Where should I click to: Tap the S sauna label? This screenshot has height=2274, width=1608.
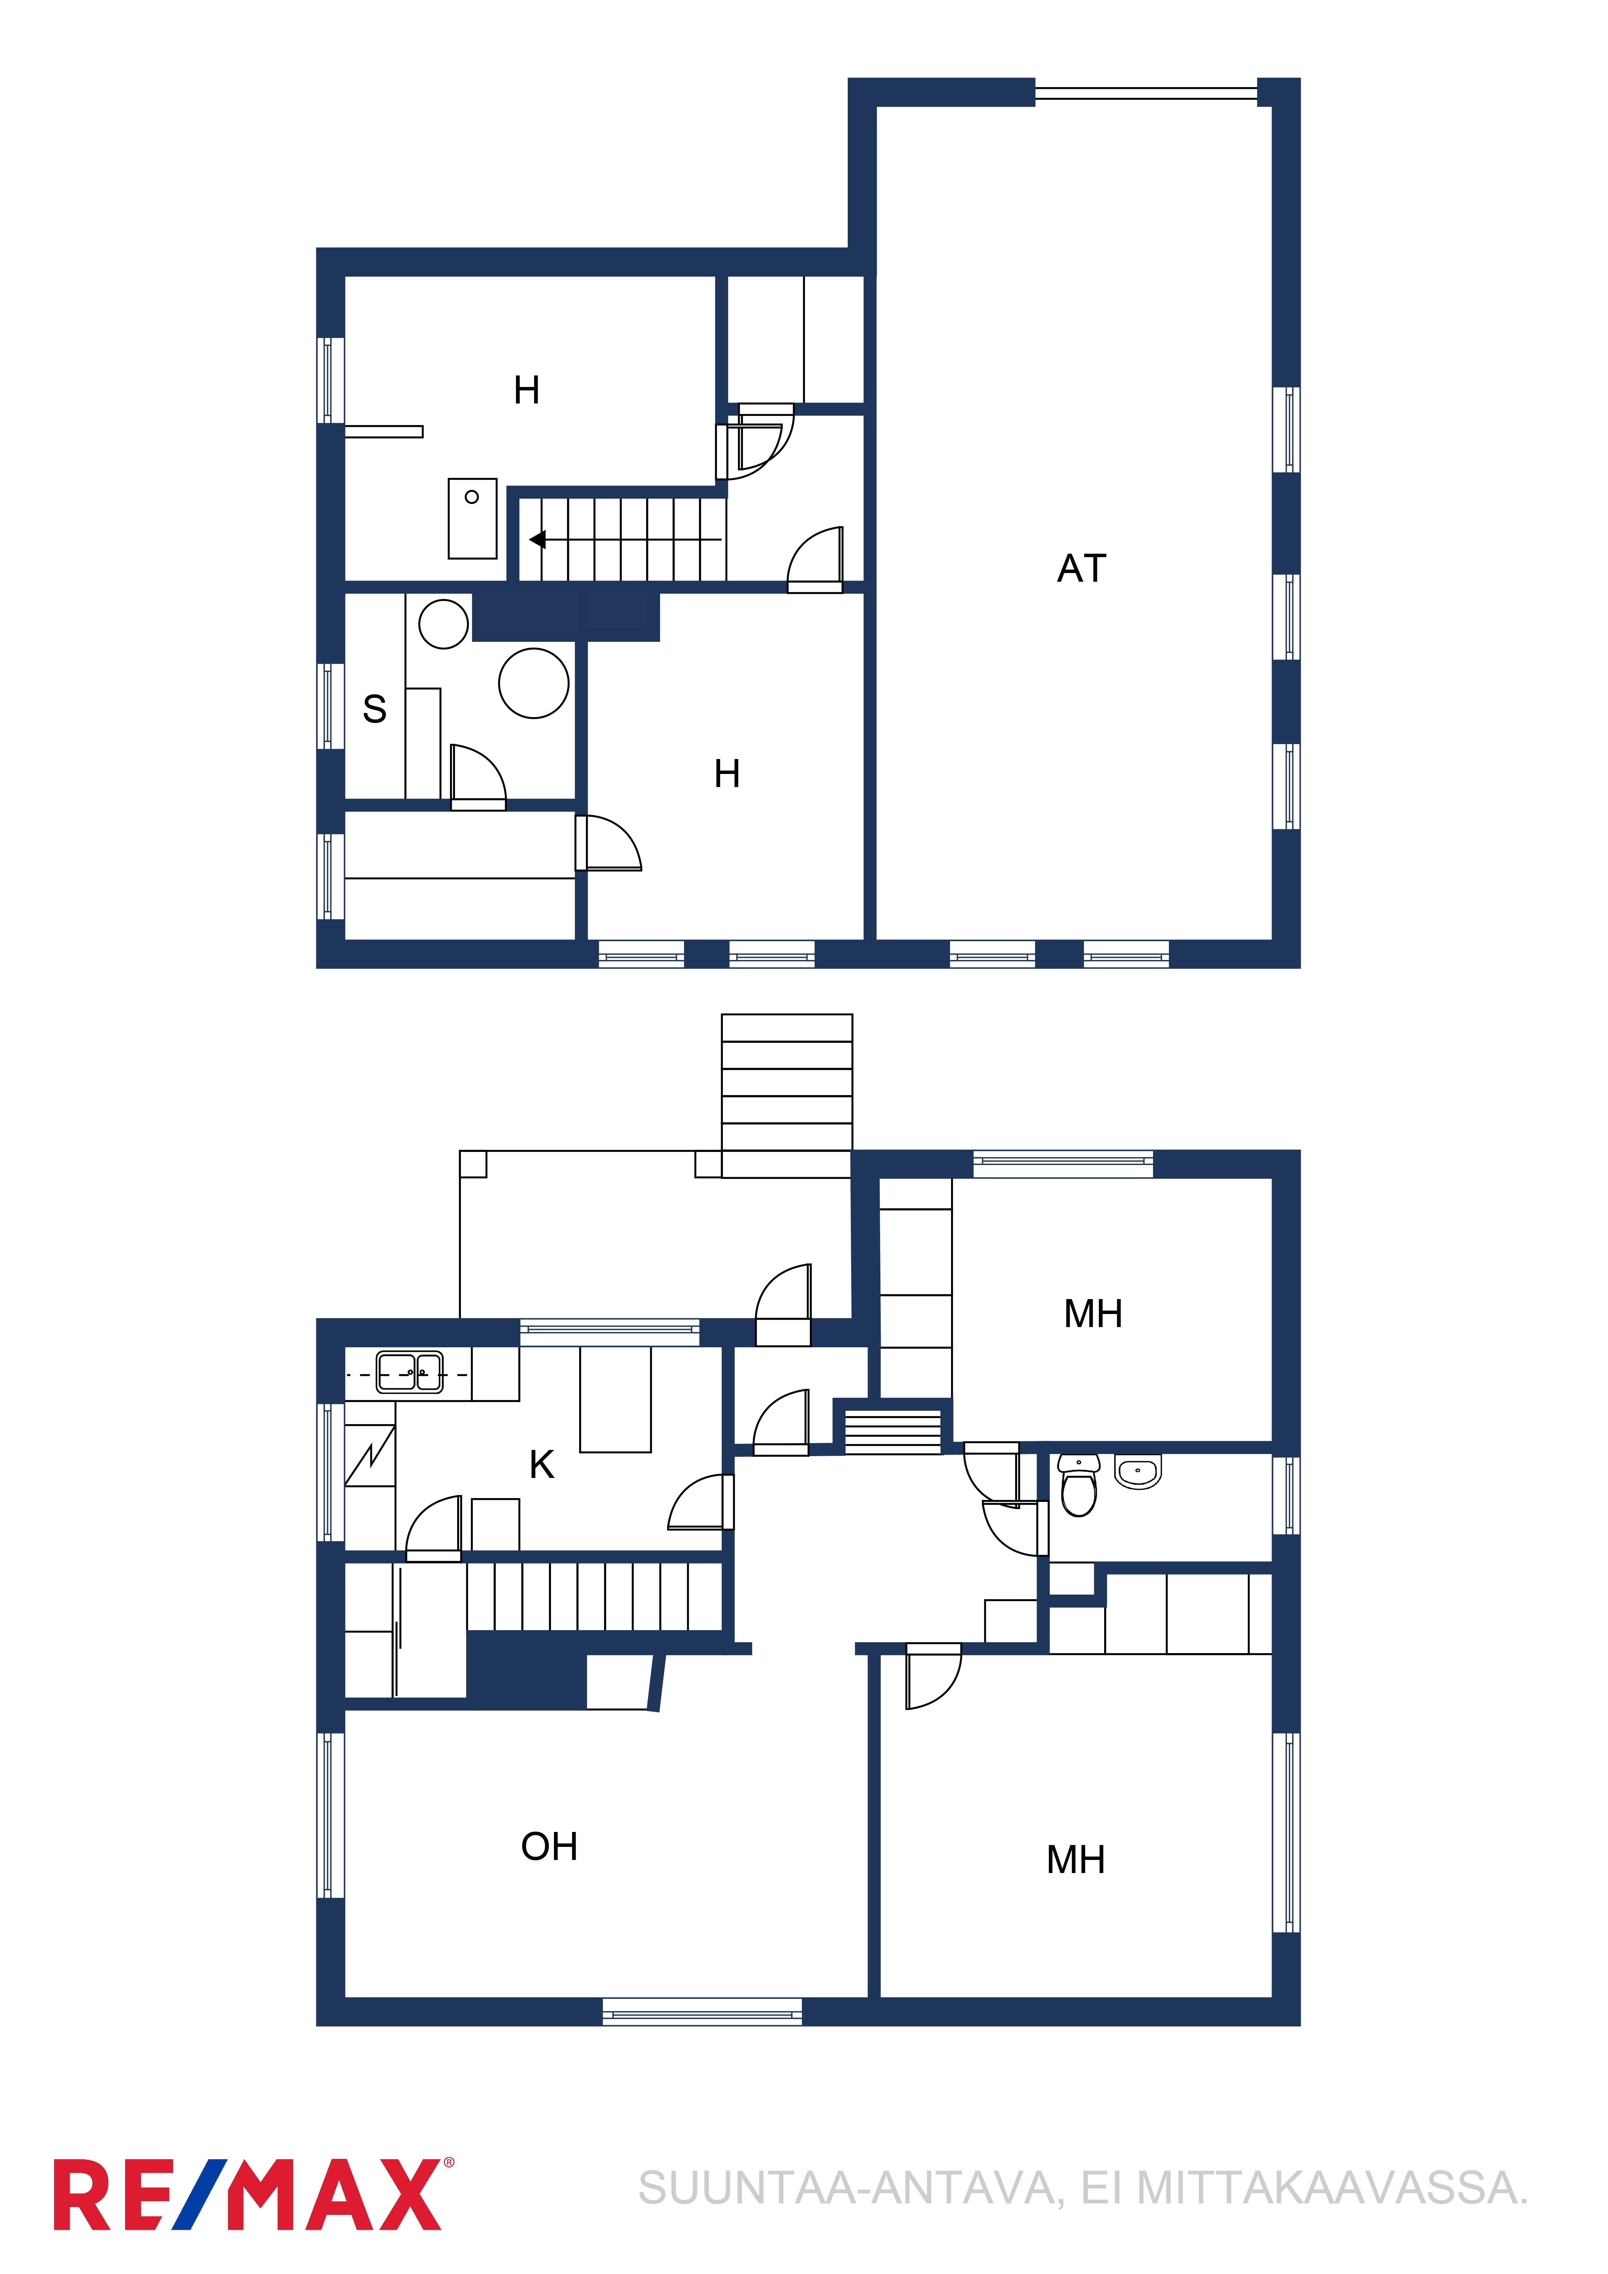[x=374, y=709]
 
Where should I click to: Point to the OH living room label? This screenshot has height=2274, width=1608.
[x=549, y=1846]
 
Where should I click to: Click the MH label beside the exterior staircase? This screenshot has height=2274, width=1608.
[x=1093, y=1313]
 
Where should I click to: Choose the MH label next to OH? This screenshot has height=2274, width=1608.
[x=1076, y=1859]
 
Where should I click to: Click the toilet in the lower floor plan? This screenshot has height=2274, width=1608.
[x=1079, y=1486]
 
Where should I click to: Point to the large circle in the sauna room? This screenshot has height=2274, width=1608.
[x=534, y=683]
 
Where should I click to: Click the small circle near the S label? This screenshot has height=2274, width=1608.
[x=444, y=624]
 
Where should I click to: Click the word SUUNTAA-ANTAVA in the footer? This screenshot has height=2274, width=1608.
[x=850, y=2189]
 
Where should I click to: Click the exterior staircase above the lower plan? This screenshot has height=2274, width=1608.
[x=787, y=1095]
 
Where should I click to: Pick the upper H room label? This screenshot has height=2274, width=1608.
[x=527, y=390]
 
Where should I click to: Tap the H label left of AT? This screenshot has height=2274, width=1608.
[x=727, y=774]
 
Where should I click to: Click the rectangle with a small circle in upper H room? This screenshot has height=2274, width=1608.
[x=473, y=519]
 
